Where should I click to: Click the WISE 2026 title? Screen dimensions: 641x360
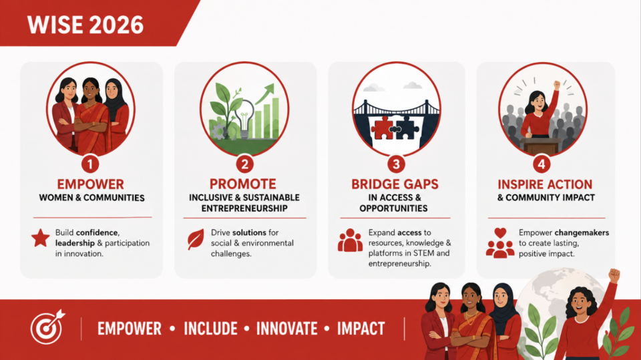(85, 25)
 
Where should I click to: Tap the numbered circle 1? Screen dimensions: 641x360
(90, 164)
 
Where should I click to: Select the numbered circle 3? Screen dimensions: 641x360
(396, 164)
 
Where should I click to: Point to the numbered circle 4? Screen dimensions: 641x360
(542, 164)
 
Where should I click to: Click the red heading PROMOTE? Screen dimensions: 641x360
(243, 184)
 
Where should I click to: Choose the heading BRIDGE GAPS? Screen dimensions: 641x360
(395, 184)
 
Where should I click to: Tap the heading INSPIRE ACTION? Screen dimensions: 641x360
(545, 184)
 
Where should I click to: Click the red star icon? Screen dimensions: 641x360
(41, 238)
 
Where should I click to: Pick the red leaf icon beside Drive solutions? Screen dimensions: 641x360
(196, 239)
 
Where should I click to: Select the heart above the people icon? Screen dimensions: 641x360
(500, 232)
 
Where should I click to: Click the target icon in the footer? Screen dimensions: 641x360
(47, 327)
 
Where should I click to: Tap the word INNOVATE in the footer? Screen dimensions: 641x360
(286, 329)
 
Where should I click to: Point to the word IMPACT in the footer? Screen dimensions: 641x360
(361, 329)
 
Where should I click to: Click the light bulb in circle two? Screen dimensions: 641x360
(244, 119)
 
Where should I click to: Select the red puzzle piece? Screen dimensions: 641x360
(383, 127)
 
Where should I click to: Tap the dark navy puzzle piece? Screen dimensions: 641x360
(407, 127)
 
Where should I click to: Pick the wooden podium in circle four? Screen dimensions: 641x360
(540, 145)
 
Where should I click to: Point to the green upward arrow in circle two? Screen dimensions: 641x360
(265, 93)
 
